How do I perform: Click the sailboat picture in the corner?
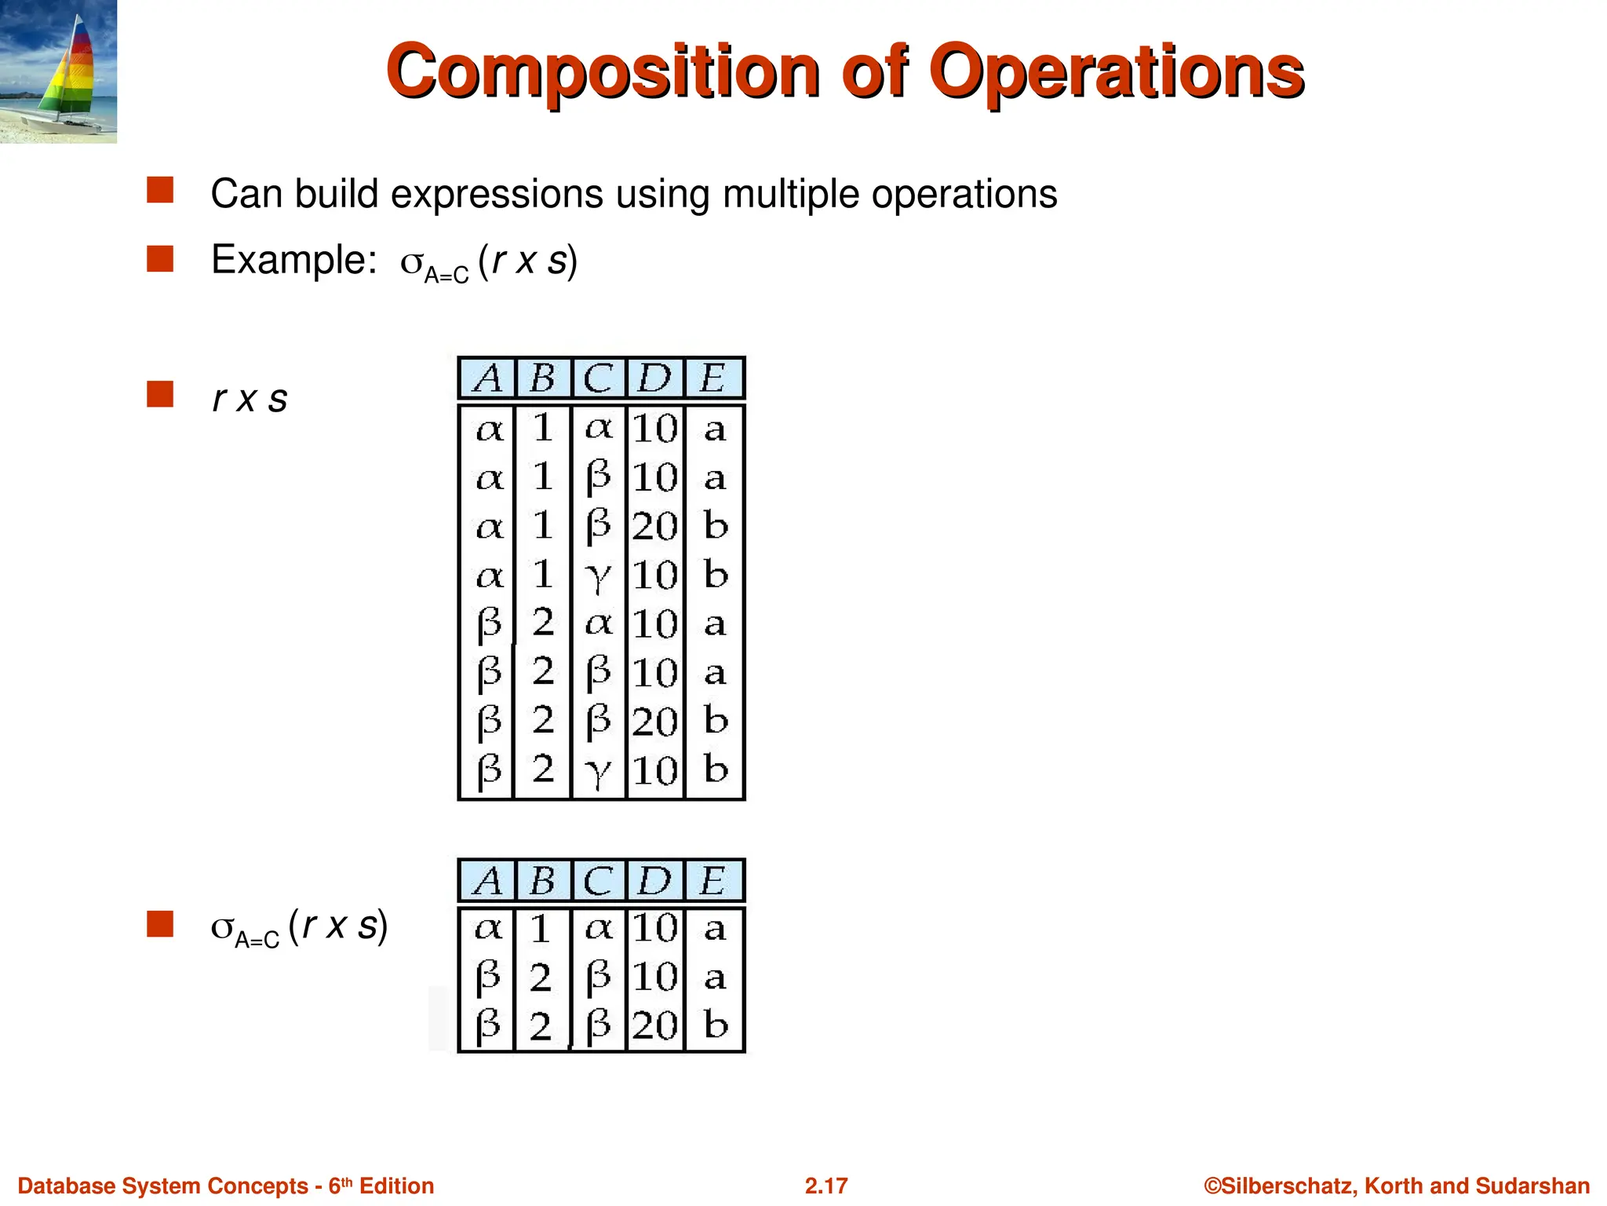tap(58, 71)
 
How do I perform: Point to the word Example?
tap(294, 260)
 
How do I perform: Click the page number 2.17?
tap(825, 1186)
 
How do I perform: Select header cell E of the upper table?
tap(712, 378)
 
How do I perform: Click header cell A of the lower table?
tap(488, 881)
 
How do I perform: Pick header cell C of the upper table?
tap(598, 378)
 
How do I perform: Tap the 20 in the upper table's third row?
tap(655, 526)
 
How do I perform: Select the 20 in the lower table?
tap(655, 1025)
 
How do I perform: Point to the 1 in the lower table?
tap(541, 930)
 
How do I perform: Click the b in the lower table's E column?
tap(715, 1025)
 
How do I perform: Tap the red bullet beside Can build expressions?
tap(160, 190)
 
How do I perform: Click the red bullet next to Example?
tap(160, 258)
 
